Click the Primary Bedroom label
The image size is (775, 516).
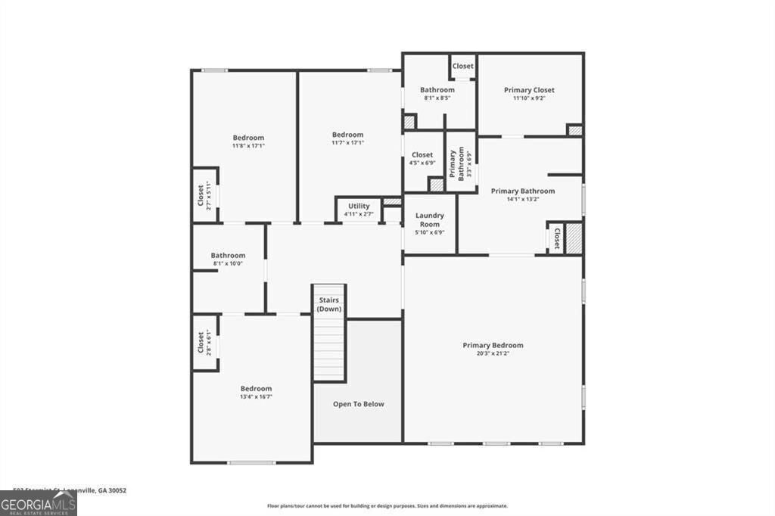493,345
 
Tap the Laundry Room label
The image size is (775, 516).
430,219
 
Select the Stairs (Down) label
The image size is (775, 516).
328,304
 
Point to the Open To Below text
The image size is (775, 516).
359,404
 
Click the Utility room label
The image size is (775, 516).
359,206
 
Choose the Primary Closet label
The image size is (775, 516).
530,90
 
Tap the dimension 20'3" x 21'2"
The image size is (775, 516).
493,353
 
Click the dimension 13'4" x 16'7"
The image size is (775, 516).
256,396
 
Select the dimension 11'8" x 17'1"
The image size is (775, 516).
248,145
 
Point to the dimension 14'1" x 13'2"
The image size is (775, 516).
522,199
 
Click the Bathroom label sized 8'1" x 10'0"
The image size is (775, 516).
228,255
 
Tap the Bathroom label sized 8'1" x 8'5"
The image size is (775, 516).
437,90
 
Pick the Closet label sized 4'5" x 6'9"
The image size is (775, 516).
422,154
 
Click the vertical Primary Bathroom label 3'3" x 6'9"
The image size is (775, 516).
453,163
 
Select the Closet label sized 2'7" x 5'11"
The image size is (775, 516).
201,196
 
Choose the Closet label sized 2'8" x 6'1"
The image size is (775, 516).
201,343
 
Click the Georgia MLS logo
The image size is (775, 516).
39,503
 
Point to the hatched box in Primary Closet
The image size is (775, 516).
575,130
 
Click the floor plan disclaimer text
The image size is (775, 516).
387,506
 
